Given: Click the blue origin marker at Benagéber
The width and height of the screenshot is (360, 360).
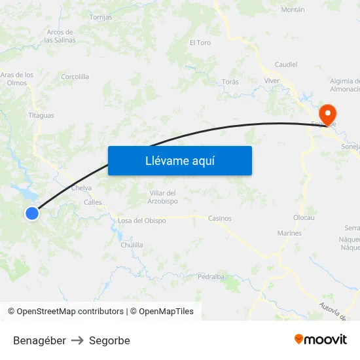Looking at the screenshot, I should pos(32,213).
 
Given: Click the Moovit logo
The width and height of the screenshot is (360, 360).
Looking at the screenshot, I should pos(321,340).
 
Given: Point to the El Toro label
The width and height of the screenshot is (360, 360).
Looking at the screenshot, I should pos(200,43).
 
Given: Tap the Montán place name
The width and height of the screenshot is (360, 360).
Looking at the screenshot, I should pos(293,10).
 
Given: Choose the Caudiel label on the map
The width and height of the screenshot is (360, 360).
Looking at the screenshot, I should pos(286,65).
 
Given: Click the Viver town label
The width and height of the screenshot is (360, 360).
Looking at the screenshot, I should pos(272,81).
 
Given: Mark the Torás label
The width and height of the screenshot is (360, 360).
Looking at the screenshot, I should pos(230,82).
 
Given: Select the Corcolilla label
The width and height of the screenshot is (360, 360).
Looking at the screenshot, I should pos(75,77).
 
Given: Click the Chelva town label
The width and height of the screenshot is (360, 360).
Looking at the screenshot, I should pos(81,188).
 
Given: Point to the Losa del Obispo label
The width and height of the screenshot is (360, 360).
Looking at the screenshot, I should pos(142,221).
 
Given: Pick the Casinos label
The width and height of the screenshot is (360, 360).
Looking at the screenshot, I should pos(219,219).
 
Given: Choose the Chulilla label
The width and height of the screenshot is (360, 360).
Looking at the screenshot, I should pos(132,245).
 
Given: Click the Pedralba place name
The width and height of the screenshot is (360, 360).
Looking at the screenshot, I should pos(211,276).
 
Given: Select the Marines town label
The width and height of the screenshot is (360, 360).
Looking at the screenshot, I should pos(289,233).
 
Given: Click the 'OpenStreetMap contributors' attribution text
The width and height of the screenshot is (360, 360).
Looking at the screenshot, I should pos(70,312).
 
